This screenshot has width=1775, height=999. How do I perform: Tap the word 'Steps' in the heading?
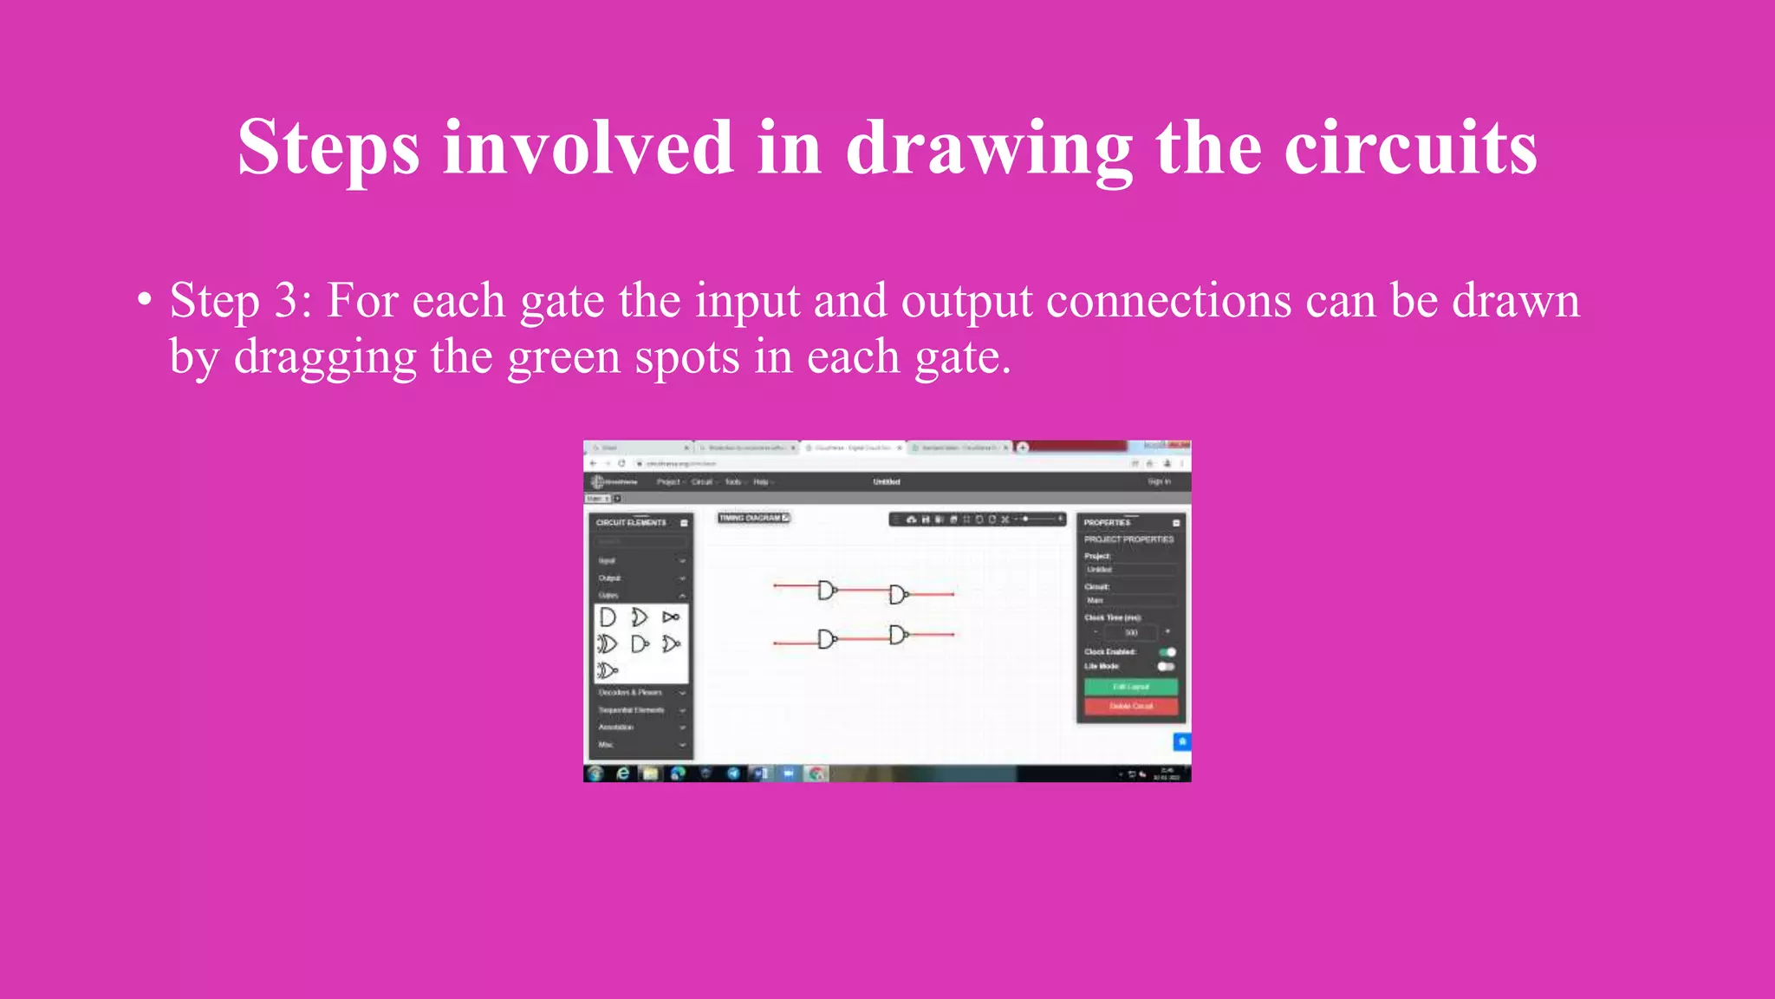pyautogui.click(x=328, y=147)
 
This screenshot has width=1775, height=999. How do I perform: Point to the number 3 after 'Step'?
pyautogui.click(x=287, y=301)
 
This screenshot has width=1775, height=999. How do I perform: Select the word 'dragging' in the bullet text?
pyautogui.click(x=325, y=358)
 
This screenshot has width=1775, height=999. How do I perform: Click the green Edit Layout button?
pyautogui.click(x=1131, y=687)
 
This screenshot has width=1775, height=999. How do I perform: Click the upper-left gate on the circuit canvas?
pyautogui.click(x=827, y=591)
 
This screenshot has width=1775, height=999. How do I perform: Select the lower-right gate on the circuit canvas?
pyautogui.click(x=899, y=635)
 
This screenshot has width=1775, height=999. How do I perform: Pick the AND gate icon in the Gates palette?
pyautogui.click(x=608, y=617)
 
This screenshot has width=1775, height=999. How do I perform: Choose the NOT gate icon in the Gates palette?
pyautogui.click(x=670, y=617)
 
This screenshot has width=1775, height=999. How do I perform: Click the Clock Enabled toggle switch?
pyautogui.click(x=1167, y=652)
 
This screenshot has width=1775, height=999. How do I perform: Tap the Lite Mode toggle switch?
pyautogui.click(x=1166, y=667)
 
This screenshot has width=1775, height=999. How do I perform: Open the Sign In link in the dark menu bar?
pyautogui.click(x=1159, y=481)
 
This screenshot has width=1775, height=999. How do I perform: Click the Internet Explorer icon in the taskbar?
pyautogui.click(x=622, y=773)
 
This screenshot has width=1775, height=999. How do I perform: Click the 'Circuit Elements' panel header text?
pyautogui.click(x=631, y=523)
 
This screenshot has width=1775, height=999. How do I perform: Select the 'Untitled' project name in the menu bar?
pyautogui.click(x=886, y=481)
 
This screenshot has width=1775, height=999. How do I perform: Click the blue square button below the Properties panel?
pyautogui.click(x=1181, y=741)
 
